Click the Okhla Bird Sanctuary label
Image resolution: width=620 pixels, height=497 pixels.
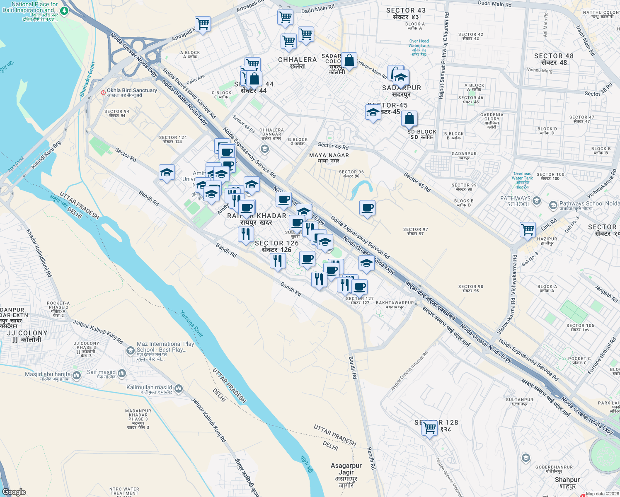click(132, 92)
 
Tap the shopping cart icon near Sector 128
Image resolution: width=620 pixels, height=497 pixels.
click(430, 428)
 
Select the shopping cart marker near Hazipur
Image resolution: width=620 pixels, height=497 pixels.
click(528, 229)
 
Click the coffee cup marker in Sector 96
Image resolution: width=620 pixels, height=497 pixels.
click(367, 207)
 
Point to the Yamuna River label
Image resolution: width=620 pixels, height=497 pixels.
click(191, 323)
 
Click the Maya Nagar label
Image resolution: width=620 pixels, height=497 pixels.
click(329, 158)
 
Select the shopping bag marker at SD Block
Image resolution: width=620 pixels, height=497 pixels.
click(409, 118)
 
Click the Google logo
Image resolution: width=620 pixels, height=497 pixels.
click(14, 492)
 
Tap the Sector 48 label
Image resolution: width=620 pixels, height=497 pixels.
click(554, 59)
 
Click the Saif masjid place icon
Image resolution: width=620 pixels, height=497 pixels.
click(122, 374)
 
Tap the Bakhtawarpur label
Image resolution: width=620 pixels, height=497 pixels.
click(395, 304)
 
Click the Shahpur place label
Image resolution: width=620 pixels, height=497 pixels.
click(567, 483)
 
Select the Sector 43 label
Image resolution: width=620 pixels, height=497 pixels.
click(406, 13)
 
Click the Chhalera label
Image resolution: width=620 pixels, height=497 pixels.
click(297, 63)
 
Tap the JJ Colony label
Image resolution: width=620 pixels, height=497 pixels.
click(27, 336)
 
